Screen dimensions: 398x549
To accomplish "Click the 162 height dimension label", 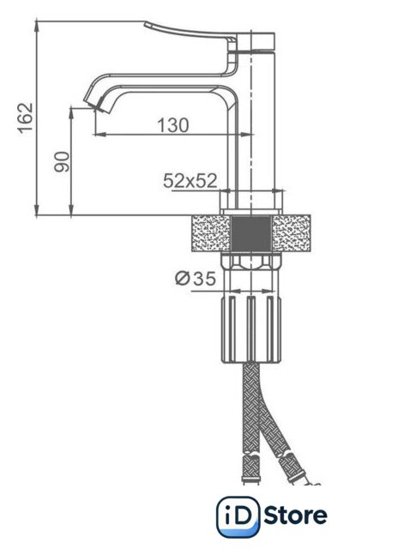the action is point(26,118).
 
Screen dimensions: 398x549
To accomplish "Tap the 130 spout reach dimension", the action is point(173,125).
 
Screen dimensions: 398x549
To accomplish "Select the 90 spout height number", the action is point(62,161).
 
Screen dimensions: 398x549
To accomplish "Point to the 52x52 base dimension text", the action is point(190,181).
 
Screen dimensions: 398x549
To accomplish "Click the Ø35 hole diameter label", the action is point(196,279).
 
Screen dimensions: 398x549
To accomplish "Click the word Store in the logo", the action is point(296,516).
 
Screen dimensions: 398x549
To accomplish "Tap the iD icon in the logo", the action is point(238,516).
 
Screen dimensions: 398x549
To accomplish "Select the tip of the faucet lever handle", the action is point(146,24).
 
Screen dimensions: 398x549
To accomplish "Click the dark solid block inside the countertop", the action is point(251,234).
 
